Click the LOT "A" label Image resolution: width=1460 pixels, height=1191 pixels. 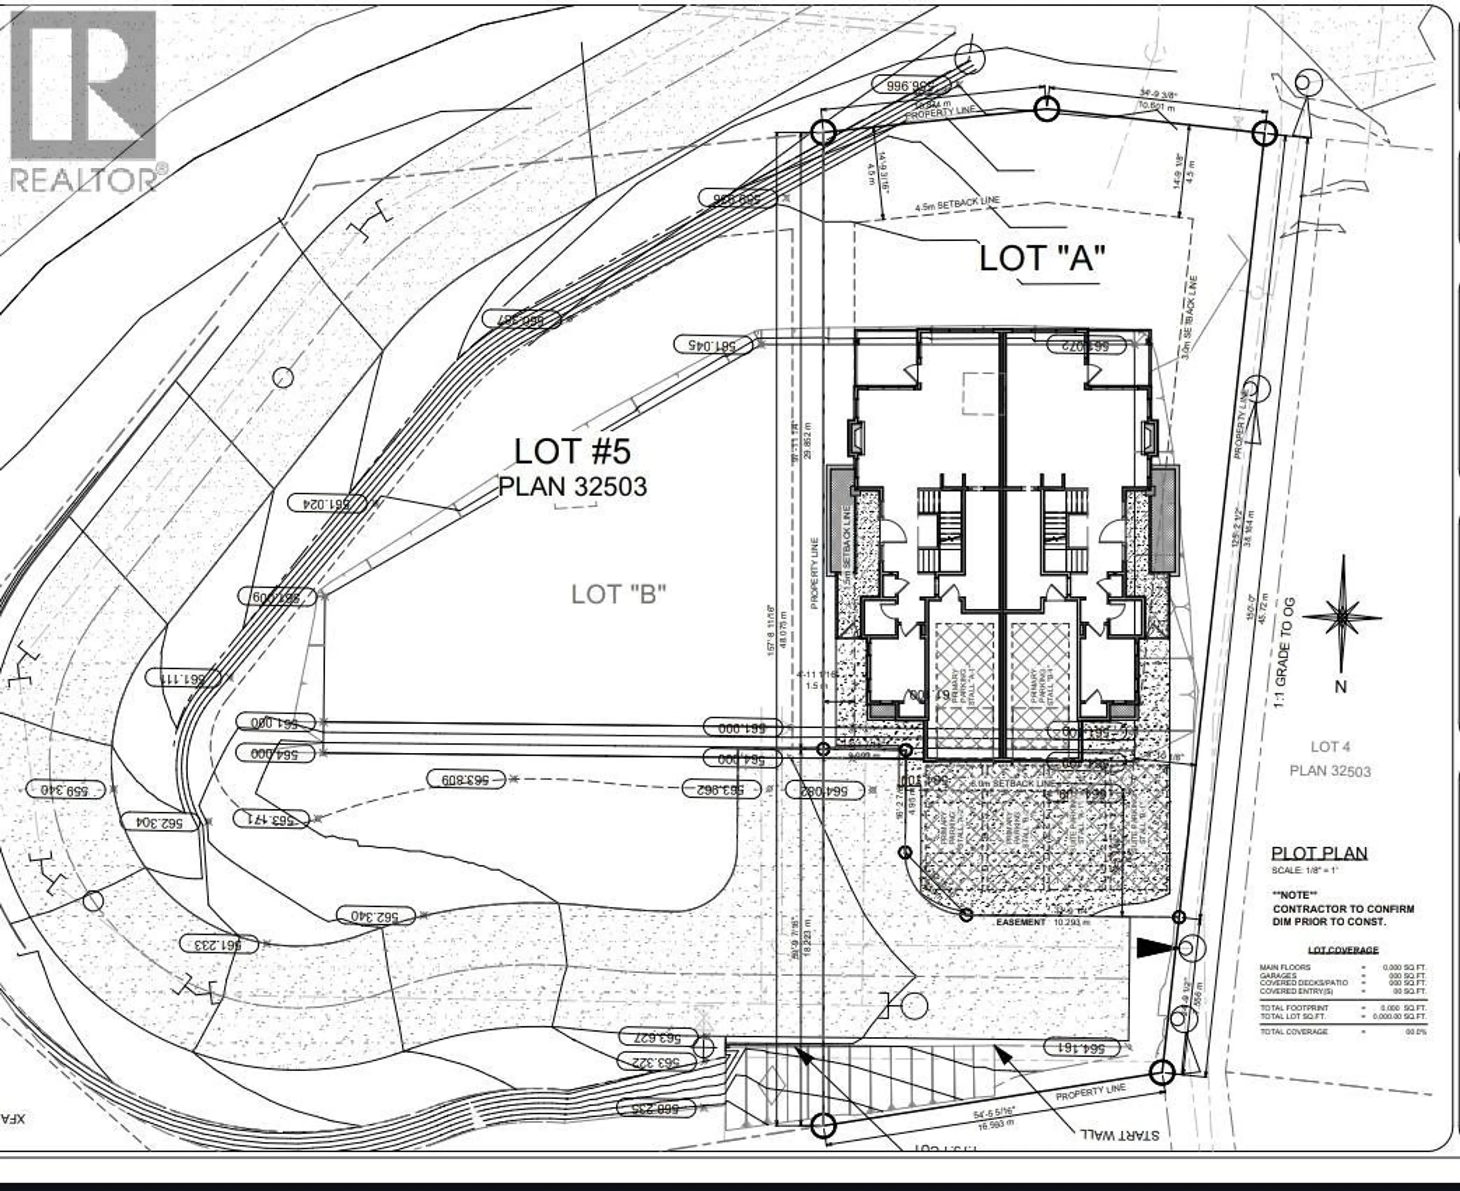[1042, 258]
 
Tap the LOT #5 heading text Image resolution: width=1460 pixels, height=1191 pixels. [572, 452]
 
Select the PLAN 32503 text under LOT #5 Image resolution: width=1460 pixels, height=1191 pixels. [572, 487]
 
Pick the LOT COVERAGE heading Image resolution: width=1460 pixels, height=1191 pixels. [1343, 950]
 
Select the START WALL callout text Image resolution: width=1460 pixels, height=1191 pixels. [1119, 1135]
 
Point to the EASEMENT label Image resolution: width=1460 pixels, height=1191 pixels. [1021, 922]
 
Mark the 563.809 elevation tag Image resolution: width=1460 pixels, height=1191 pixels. [466, 779]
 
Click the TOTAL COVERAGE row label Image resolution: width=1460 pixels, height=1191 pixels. [1293, 1031]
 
